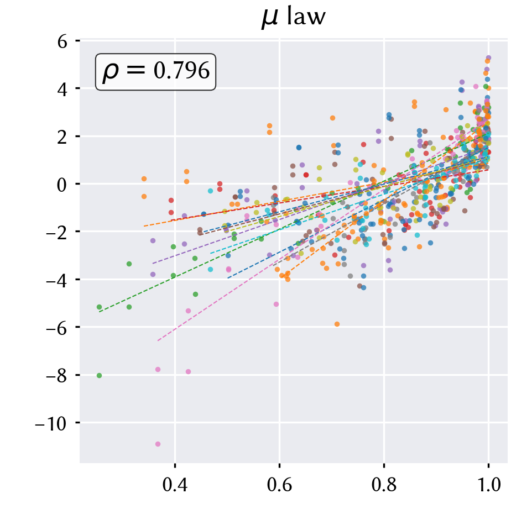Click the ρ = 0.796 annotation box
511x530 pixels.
[x=155, y=72]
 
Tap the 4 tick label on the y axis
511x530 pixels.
[x=62, y=90]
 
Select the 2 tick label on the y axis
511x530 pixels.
[x=62, y=137]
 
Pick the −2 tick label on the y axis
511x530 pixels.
[x=56, y=233]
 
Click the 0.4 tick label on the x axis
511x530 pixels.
[x=175, y=485]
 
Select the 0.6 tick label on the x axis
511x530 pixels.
[x=279, y=485]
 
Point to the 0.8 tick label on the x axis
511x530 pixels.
[x=384, y=485]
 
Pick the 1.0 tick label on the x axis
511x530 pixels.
[x=488, y=485]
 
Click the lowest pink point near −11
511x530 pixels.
[x=158, y=444]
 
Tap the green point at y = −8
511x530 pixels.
[x=99, y=375]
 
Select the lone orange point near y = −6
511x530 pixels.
[x=337, y=324]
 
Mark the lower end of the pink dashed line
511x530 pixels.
[x=158, y=340]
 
